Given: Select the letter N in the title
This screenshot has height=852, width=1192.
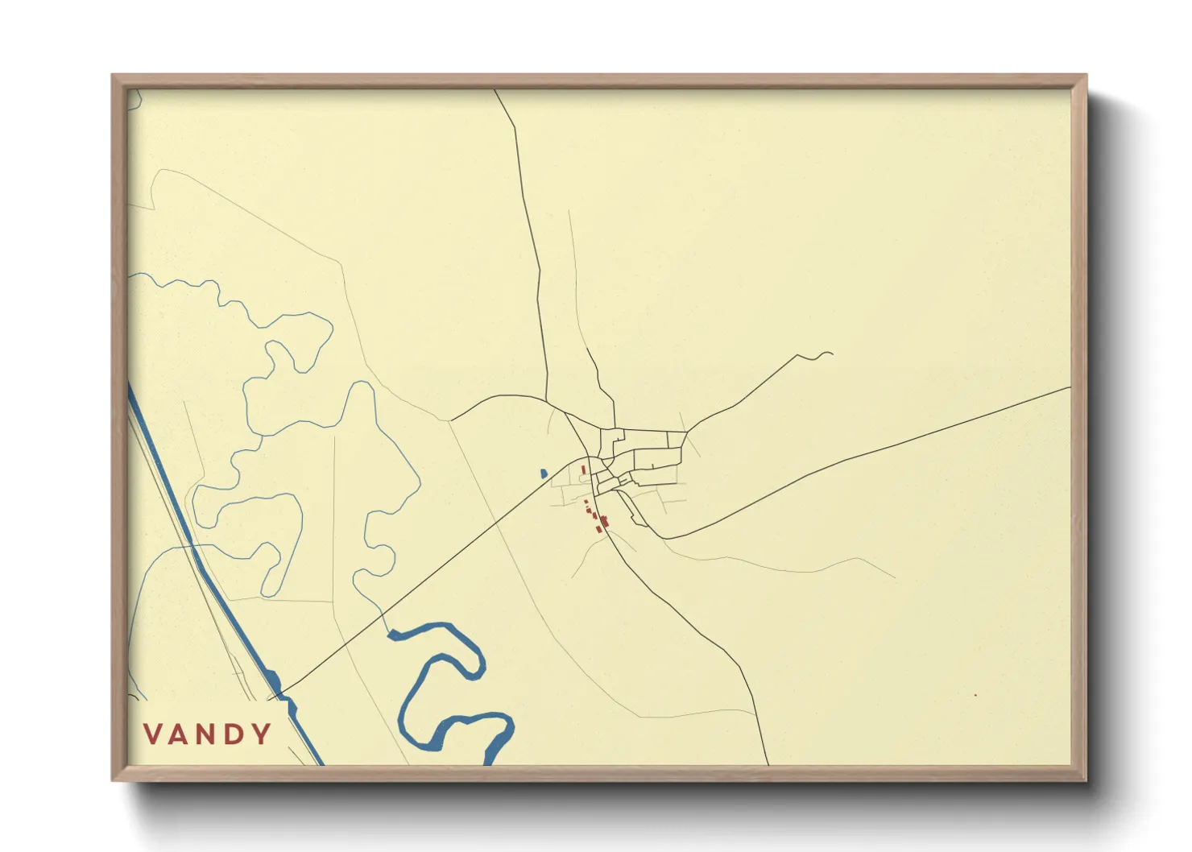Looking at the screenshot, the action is coord(208,734).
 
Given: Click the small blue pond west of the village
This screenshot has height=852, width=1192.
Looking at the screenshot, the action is coord(544,474).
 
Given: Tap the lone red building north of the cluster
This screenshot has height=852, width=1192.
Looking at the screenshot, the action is coord(583,469).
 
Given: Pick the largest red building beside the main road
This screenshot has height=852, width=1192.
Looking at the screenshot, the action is coord(604,521).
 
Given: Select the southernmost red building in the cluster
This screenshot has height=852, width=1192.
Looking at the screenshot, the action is coord(598,529).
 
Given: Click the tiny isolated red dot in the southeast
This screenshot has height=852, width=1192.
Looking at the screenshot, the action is coord(975,695).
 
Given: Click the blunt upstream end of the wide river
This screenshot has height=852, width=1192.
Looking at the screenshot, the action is coord(392,635).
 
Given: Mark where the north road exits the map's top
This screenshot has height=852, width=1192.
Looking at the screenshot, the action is coord(495,90).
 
